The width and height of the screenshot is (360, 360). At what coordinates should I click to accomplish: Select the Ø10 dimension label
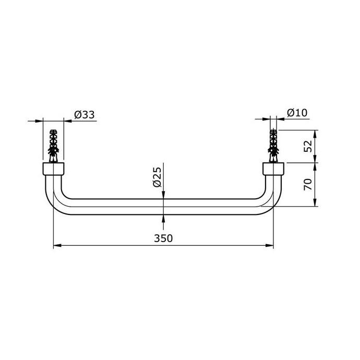click(296, 113)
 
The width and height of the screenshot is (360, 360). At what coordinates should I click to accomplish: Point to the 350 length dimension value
click(163, 238)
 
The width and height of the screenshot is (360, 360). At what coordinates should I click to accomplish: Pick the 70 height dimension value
click(308, 185)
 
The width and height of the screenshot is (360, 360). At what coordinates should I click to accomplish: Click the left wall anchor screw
click(53, 147)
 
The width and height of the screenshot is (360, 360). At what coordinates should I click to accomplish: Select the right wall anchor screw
click(273, 147)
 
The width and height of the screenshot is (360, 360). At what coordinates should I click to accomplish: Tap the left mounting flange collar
click(53, 169)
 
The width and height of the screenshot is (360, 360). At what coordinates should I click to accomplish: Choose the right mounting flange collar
click(273, 169)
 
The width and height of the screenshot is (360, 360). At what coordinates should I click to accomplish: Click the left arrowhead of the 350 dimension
click(57, 245)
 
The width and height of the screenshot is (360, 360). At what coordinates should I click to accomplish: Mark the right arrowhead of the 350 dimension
click(270, 245)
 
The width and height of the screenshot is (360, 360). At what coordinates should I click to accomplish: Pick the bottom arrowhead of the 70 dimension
click(315, 204)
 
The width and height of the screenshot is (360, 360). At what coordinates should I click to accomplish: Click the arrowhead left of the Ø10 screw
click(267, 119)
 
